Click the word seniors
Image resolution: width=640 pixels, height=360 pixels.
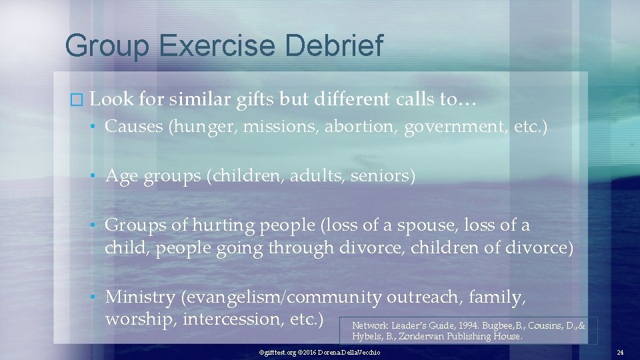click(387, 176)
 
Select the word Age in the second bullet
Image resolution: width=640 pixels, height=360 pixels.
click(121, 176)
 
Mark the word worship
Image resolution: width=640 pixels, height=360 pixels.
click(141, 318)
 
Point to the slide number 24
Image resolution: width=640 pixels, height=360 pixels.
click(620, 352)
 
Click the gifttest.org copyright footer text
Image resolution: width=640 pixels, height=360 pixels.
click(319, 352)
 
